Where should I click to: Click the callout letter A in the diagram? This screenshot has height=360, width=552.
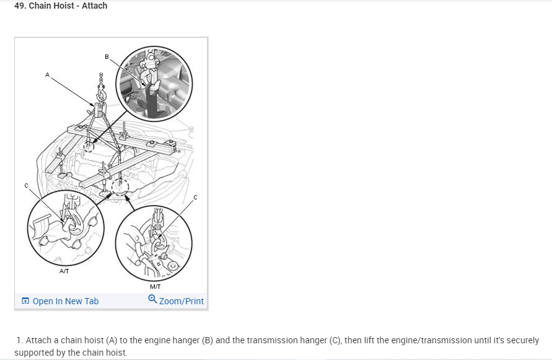tap(47, 75)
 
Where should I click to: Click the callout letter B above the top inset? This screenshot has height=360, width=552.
tap(107, 57)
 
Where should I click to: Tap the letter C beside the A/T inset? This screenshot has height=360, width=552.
tap(27, 186)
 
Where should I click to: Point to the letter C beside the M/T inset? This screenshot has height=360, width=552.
tap(195, 198)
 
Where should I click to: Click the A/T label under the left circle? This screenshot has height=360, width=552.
tap(64, 271)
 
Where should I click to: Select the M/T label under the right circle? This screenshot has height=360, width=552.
tap(156, 287)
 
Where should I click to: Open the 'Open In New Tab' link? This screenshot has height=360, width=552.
tap(66, 301)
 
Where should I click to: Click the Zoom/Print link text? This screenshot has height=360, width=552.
tap(182, 301)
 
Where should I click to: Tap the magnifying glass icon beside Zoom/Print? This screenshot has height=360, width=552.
tap(152, 299)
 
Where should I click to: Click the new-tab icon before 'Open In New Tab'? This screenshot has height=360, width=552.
tap(25, 301)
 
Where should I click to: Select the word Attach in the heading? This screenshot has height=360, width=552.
tap(94, 6)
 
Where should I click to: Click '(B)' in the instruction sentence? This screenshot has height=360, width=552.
tap(208, 340)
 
